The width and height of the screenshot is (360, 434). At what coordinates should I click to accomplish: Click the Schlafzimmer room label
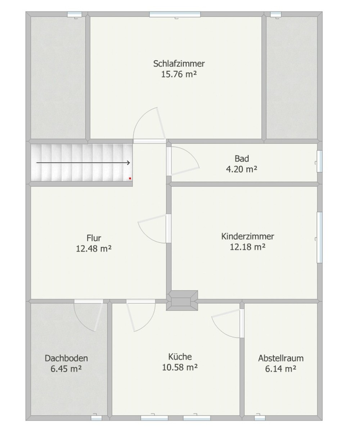(179, 64)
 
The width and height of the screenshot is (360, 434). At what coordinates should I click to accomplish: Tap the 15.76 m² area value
(179, 74)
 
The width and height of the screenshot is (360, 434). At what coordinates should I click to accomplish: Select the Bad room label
(242, 158)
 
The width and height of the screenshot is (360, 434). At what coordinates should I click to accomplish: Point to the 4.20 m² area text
(242, 169)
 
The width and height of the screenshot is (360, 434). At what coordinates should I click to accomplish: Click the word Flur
(94, 238)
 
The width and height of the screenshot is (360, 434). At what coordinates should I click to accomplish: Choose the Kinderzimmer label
(248, 236)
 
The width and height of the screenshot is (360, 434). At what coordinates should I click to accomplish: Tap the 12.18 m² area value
(248, 247)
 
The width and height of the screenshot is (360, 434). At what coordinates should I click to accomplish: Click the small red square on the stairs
(130, 178)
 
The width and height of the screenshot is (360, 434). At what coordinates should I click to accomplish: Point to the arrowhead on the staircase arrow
(129, 162)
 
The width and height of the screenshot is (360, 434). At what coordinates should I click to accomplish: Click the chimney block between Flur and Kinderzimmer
(182, 300)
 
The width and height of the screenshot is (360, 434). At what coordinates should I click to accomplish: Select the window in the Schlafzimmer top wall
(175, 14)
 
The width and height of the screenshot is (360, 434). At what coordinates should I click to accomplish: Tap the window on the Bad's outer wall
(319, 161)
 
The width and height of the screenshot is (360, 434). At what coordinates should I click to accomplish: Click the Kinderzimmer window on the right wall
(319, 237)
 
